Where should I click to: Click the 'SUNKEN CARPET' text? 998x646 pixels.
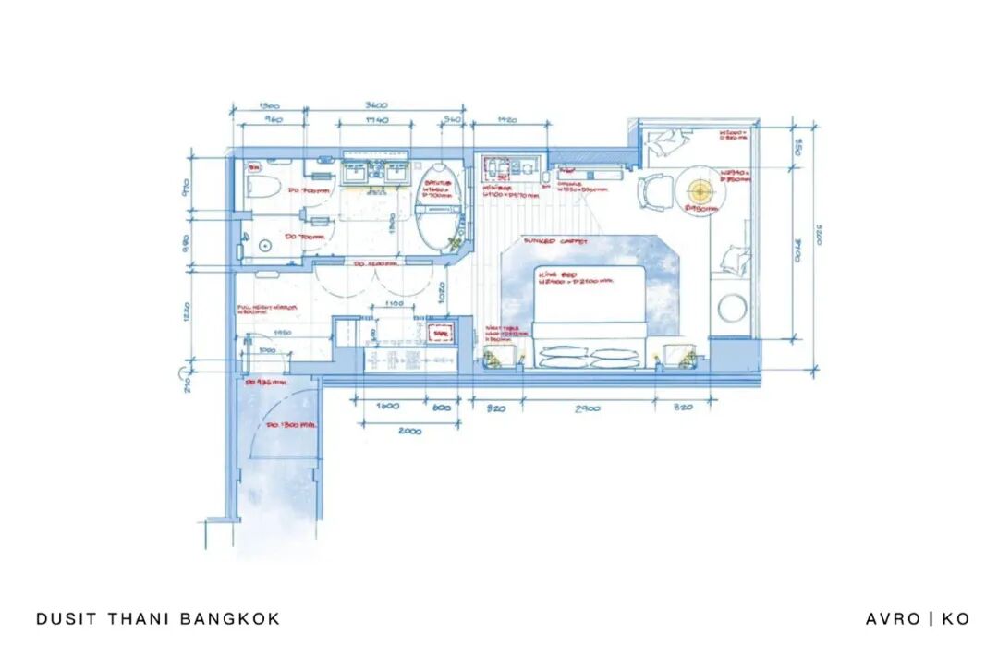(553, 241)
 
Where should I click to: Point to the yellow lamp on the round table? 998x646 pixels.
(700, 189)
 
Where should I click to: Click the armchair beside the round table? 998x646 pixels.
(652, 193)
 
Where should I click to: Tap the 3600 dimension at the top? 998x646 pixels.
(373, 104)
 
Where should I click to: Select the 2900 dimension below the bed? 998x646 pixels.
(588, 408)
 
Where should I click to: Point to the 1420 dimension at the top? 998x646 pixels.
(506, 120)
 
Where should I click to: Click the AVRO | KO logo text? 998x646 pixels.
(917, 618)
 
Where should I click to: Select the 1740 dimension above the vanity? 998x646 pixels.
(375, 121)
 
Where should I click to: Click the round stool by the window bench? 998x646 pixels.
(732, 307)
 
